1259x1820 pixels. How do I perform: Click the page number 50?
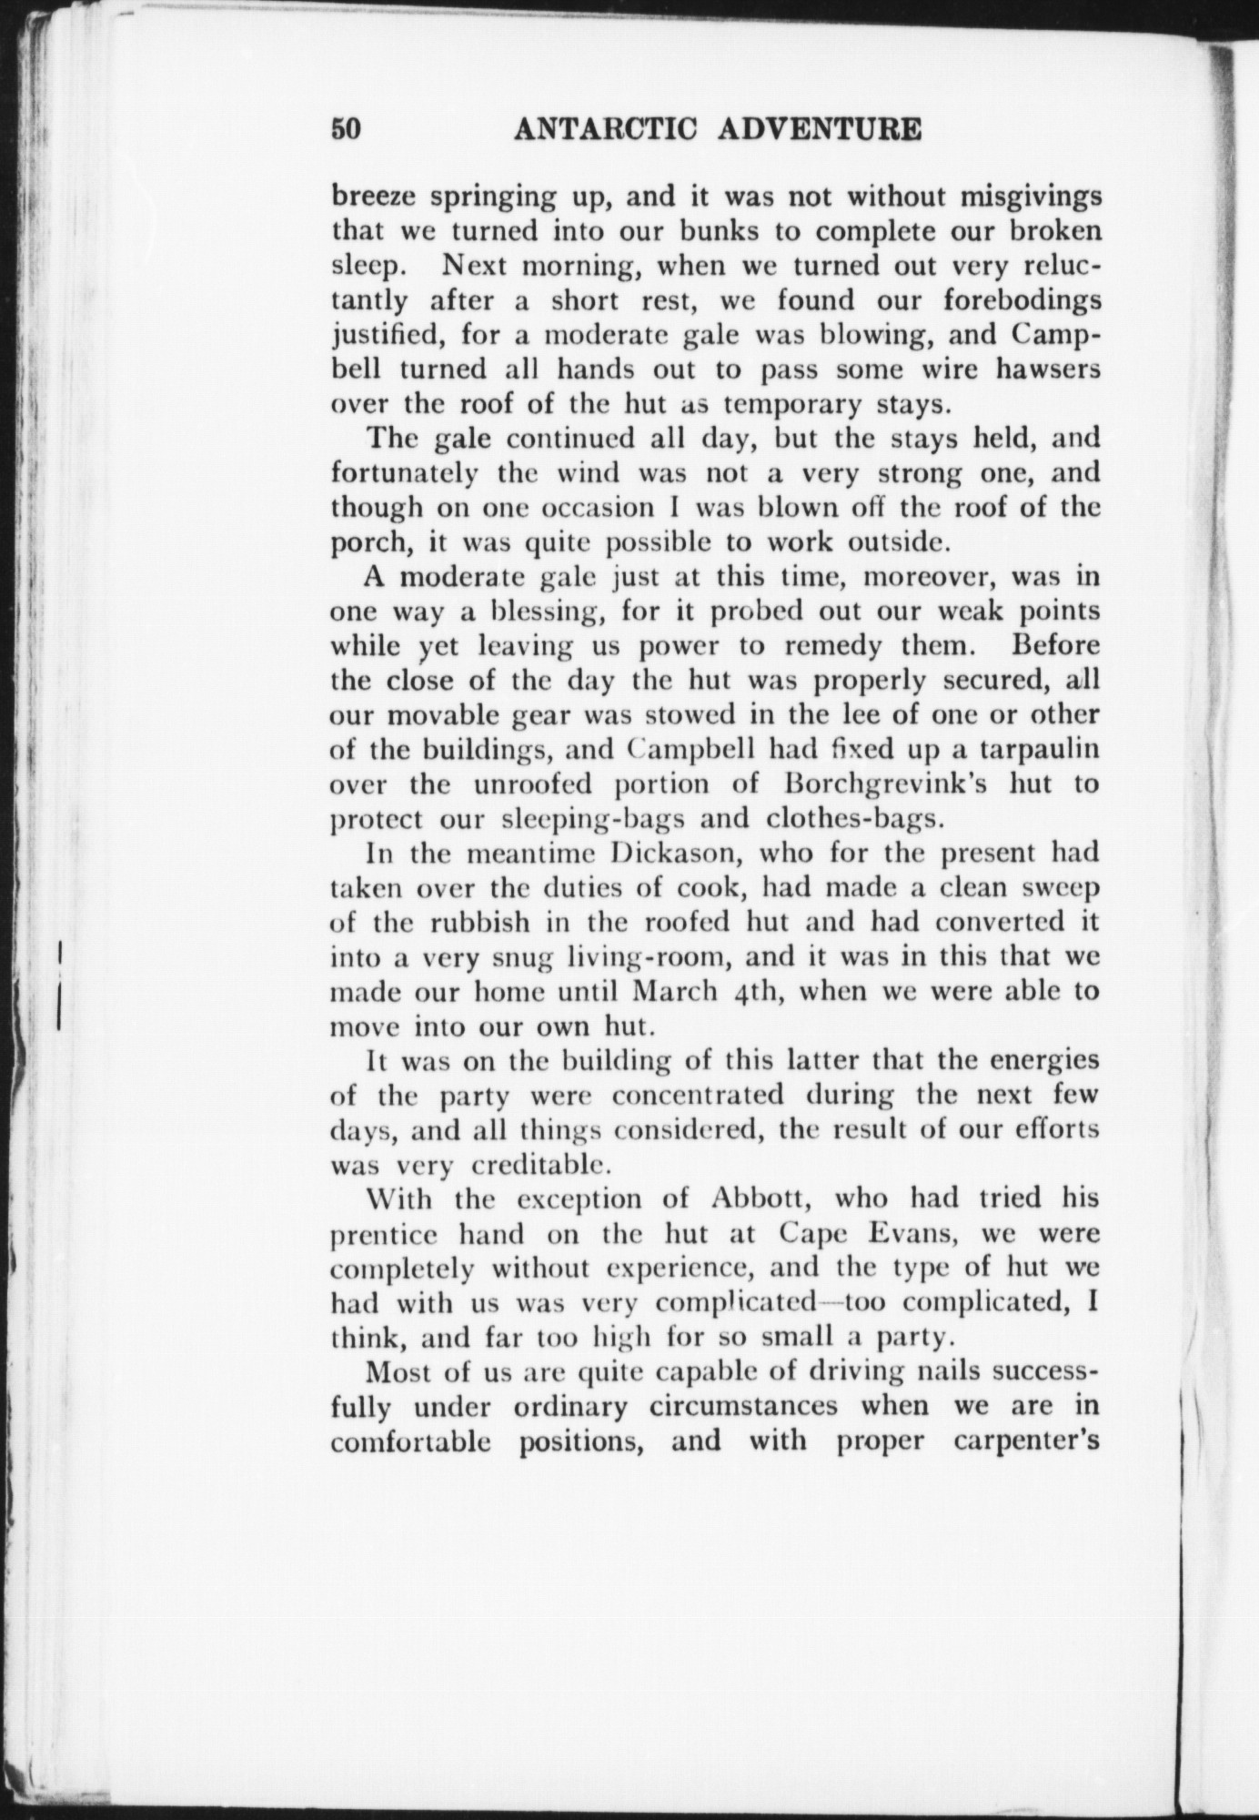(x=347, y=129)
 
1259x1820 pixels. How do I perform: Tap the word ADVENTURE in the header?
(x=821, y=129)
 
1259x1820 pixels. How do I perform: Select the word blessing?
(x=525, y=612)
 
